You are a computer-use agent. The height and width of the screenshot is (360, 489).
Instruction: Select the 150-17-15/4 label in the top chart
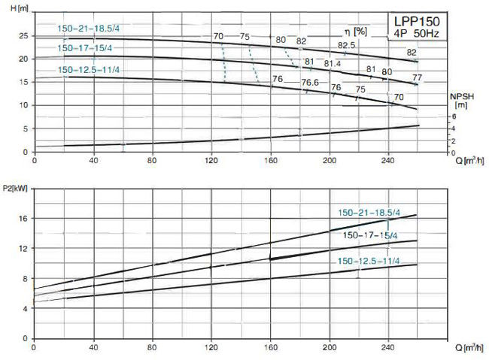[85, 48]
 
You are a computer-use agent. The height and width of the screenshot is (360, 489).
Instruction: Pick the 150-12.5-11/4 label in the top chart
[88, 70]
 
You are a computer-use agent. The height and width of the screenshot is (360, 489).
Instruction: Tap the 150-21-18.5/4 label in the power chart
[372, 211]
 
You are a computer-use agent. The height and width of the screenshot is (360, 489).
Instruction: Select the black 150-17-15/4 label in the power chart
[372, 234]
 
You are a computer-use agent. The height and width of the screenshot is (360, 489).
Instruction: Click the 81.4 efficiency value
[333, 65]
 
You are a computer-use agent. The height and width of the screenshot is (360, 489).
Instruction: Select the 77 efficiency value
[417, 77]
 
